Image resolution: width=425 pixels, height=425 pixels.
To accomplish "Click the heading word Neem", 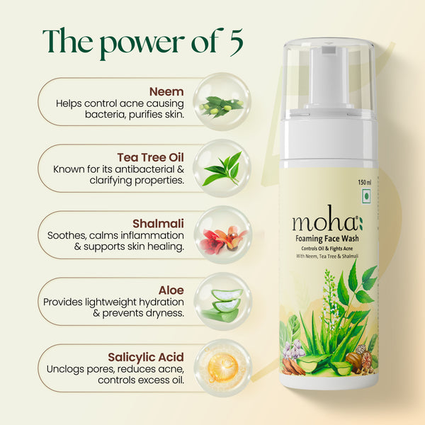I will click(166, 91).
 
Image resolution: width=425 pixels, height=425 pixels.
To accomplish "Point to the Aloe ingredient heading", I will click(172, 290).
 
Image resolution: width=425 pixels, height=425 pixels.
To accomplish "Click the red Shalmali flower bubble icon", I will click(222, 236).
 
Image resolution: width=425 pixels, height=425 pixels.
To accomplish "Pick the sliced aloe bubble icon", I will click(222, 302).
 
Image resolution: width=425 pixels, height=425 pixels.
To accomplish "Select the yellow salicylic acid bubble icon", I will click(222, 367).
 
